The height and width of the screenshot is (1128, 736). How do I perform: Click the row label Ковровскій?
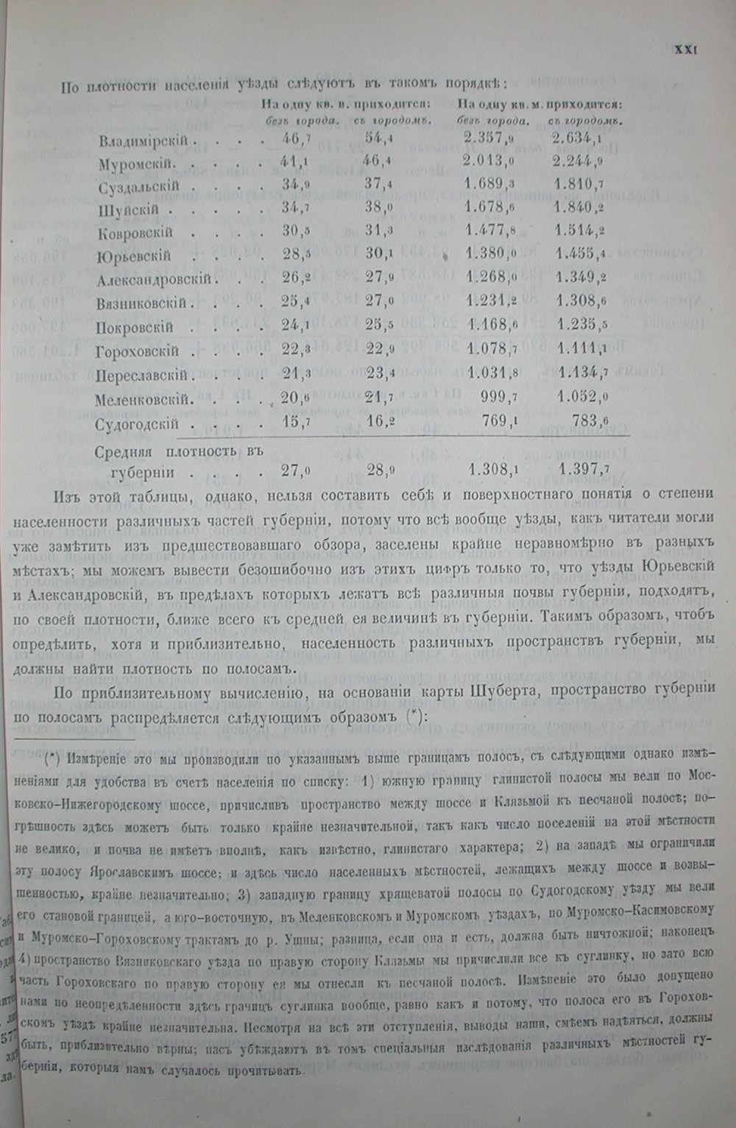coord(135,233)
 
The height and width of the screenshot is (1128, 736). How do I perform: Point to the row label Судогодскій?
coord(137,424)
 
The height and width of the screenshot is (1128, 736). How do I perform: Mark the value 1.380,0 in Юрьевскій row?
coord(489,255)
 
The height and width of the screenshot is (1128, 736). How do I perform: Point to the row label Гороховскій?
coord(138,352)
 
